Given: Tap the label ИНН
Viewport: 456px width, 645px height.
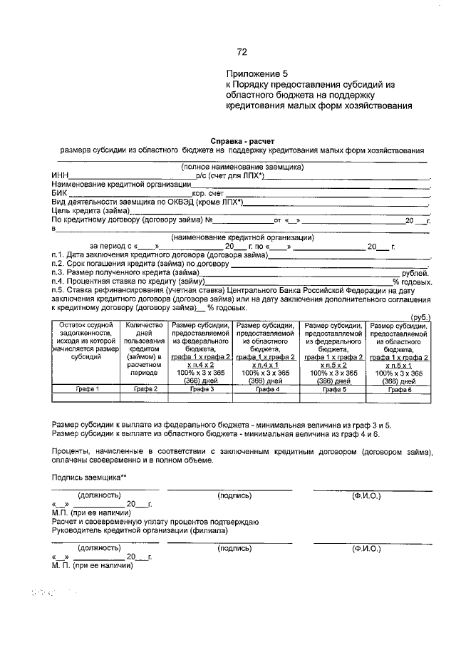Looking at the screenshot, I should [59, 176].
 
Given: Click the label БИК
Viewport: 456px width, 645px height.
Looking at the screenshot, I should [59, 193].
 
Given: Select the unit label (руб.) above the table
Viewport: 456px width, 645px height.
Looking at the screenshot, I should [420, 317].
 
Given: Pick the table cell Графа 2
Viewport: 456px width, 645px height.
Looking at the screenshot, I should [145, 390].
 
